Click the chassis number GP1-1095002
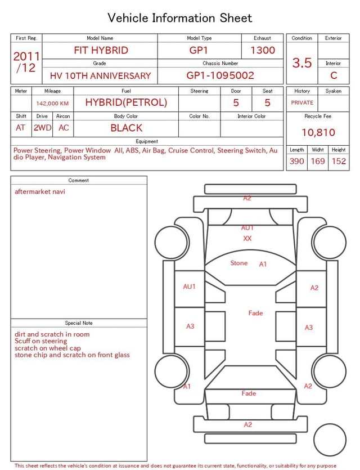220,75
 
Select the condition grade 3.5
302,62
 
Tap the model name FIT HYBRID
101,50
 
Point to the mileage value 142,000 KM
52,104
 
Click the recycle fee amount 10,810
318,132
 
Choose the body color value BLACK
127,128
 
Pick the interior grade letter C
334,75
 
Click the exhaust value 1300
263,50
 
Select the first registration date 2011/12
26,62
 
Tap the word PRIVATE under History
302,102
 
